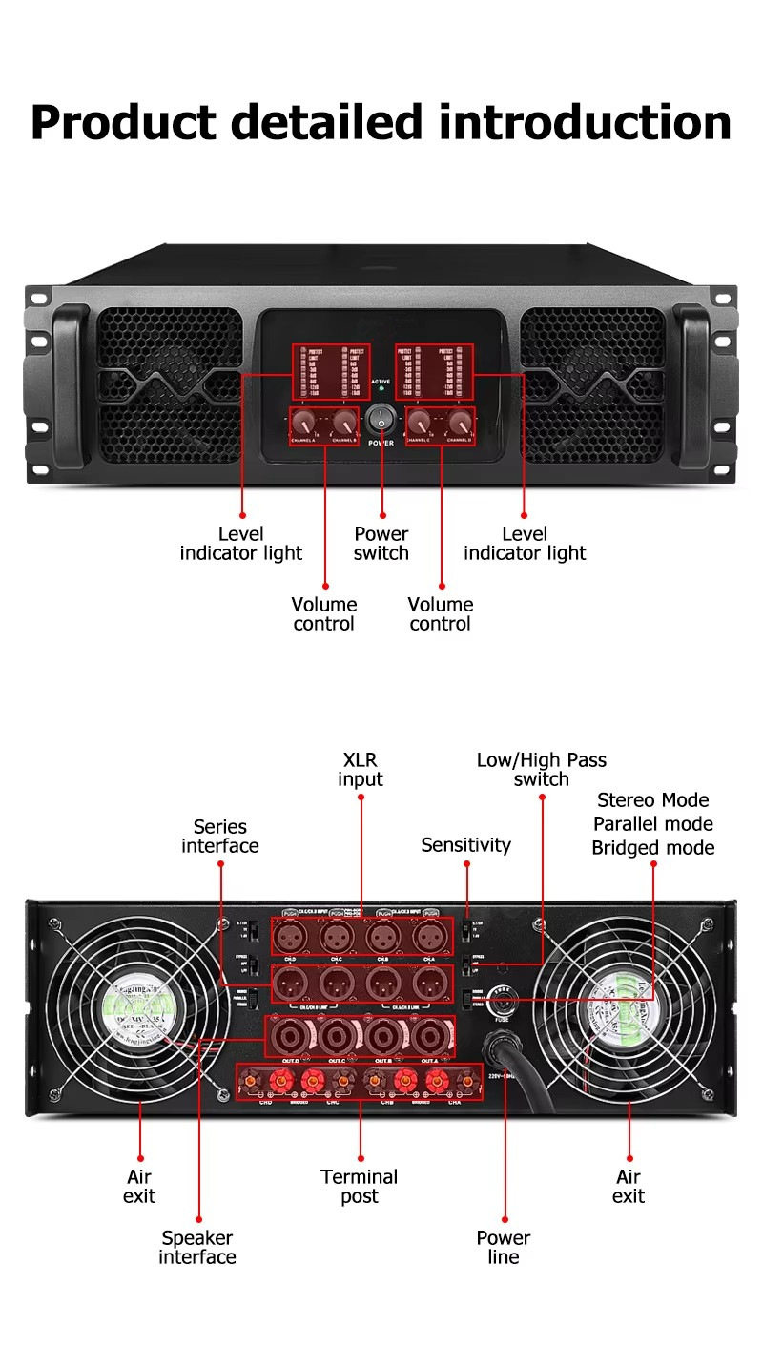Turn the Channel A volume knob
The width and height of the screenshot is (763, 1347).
(305, 422)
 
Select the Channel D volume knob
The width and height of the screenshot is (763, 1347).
(461, 422)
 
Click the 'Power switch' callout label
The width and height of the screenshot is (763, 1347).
(381, 544)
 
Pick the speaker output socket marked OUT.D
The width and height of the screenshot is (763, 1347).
(290, 1035)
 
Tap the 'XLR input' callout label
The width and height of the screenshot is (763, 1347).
(360, 770)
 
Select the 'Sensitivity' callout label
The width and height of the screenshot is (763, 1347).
(466, 845)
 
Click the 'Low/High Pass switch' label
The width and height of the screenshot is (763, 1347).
(542, 770)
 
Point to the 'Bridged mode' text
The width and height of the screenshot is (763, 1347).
(652, 848)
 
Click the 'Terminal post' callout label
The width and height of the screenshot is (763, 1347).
(360, 1187)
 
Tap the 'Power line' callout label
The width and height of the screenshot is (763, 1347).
(504, 1248)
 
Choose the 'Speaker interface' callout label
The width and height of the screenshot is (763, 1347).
(197, 1248)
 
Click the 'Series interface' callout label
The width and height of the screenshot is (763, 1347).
(220, 837)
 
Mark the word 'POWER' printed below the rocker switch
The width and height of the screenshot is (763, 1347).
(381, 444)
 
